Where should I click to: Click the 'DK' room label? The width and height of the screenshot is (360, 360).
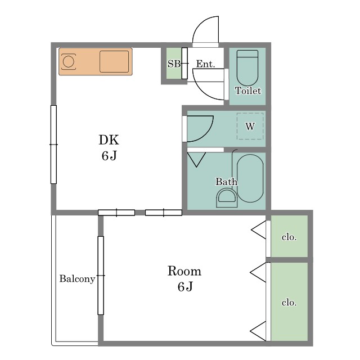pyautogui.click(x=109, y=140)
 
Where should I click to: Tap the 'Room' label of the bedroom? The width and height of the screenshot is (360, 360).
pyautogui.click(x=184, y=271)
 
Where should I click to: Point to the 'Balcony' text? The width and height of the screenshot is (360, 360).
pyautogui.click(x=77, y=279)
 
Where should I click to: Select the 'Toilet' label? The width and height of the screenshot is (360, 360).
pyautogui.click(x=248, y=91)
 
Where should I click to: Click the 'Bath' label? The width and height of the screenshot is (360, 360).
pyautogui.click(x=226, y=182)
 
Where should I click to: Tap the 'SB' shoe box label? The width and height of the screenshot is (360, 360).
pyautogui.click(x=174, y=64)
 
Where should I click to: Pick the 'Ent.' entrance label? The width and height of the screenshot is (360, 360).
pyautogui.click(x=205, y=64)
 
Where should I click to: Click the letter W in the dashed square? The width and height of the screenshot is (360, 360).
pyautogui.click(x=250, y=126)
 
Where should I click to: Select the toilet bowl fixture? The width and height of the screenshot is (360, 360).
pyautogui.click(x=247, y=68)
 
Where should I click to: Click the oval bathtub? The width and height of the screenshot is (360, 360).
pyautogui.click(x=250, y=178)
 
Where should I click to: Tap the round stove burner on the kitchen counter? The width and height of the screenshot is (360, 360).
pyautogui.click(x=69, y=61)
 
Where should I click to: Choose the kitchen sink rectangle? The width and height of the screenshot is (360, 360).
pyautogui.click(x=114, y=61)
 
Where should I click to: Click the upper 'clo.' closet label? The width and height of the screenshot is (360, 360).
pyautogui.click(x=289, y=237)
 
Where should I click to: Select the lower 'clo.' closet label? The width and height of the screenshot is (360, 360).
pyautogui.click(x=289, y=303)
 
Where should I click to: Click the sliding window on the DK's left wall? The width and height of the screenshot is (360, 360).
pyautogui.click(x=53, y=145)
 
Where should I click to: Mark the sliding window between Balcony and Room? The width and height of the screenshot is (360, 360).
pyautogui.click(x=101, y=275)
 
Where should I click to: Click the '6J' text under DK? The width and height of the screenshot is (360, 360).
pyautogui.click(x=109, y=156)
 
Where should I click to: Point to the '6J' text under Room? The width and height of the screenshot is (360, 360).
pyautogui.click(x=185, y=287)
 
